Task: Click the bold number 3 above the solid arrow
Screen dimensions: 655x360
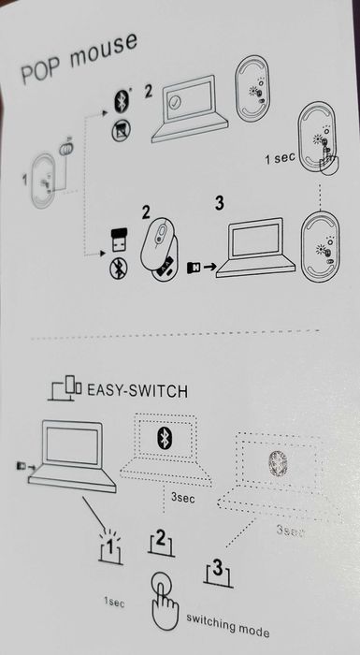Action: [x=221, y=202]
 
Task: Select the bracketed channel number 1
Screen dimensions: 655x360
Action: [x=111, y=545]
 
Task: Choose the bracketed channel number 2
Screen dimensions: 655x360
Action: [x=161, y=540]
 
